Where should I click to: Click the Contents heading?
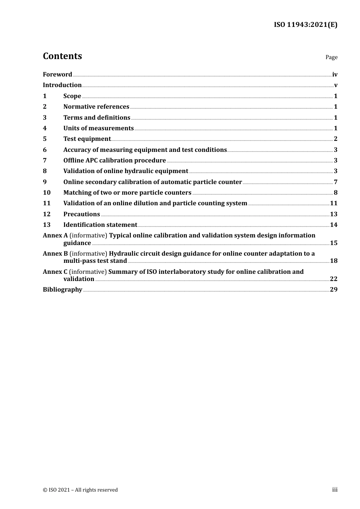(x=62, y=56)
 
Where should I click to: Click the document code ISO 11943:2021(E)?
(x=305, y=25)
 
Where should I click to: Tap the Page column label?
(x=331, y=57)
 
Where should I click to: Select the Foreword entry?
(x=57, y=75)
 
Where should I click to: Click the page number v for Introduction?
(x=335, y=85)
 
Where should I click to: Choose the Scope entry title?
(x=72, y=96)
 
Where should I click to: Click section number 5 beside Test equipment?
(x=45, y=139)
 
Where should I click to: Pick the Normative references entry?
(x=96, y=107)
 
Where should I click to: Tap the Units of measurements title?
(x=99, y=128)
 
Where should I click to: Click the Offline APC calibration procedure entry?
(x=114, y=161)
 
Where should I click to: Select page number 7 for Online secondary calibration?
(x=335, y=182)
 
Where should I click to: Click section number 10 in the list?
(x=46, y=193)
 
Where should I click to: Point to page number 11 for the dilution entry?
(x=333, y=203)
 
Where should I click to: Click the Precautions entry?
(x=81, y=214)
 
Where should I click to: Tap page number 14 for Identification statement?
(x=333, y=225)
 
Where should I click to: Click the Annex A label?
(x=55, y=236)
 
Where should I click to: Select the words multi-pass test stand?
(x=95, y=261)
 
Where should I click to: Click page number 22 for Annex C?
(x=333, y=279)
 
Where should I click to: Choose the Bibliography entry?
(x=63, y=290)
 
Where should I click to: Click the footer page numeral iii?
(x=335, y=490)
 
